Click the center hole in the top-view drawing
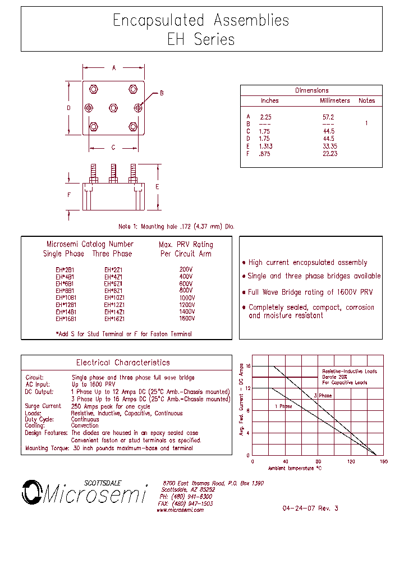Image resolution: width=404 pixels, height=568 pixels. point(113,107)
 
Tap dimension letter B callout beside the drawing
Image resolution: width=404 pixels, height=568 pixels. point(162,93)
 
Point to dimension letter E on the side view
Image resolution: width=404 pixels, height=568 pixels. point(158,186)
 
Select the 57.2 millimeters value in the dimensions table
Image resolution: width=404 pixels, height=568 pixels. point(328,117)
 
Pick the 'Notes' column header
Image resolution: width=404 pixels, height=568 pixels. point(366,101)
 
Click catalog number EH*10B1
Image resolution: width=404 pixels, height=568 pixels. point(66,298)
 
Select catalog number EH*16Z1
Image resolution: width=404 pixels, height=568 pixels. point(114,319)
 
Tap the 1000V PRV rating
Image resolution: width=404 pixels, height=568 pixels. point(186,298)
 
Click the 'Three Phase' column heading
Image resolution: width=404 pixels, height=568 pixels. point(112,254)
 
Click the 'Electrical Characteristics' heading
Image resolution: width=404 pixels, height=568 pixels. point(123,363)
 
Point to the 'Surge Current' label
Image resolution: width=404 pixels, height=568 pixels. point(43,406)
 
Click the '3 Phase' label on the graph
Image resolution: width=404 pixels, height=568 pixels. point(323,396)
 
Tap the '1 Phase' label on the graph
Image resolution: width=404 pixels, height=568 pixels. point(283,406)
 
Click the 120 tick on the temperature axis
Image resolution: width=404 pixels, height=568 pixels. point(351,461)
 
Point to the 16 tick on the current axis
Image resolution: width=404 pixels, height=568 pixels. point(247,366)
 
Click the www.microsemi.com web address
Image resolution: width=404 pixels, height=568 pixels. point(180,510)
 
